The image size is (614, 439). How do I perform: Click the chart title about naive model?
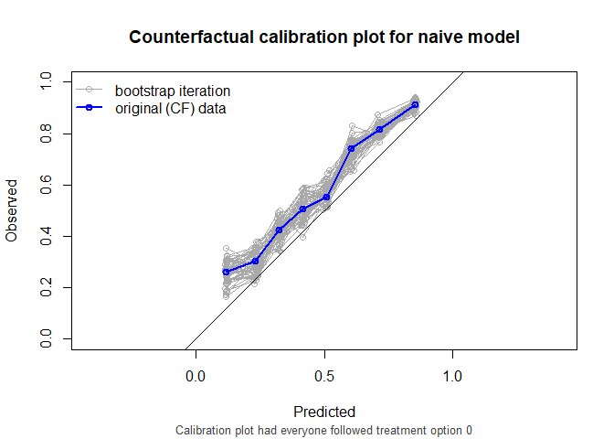tap(324, 37)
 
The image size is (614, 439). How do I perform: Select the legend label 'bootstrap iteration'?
tap(172, 91)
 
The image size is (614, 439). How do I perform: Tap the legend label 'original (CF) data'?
tap(171, 109)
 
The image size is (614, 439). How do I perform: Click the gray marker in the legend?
tap(89, 91)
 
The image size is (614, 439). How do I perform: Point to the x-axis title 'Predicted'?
tap(324, 412)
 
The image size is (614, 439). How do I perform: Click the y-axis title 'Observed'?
tap(12, 211)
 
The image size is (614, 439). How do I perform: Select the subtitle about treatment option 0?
tap(324, 430)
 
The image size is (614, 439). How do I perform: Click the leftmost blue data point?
tap(227, 272)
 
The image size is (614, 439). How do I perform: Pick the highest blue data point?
tap(415, 105)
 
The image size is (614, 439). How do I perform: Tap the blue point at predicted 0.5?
tap(326, 197)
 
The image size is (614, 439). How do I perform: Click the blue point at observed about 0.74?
tap(351, 148)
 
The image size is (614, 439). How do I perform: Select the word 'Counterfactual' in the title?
tap(188, 37)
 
